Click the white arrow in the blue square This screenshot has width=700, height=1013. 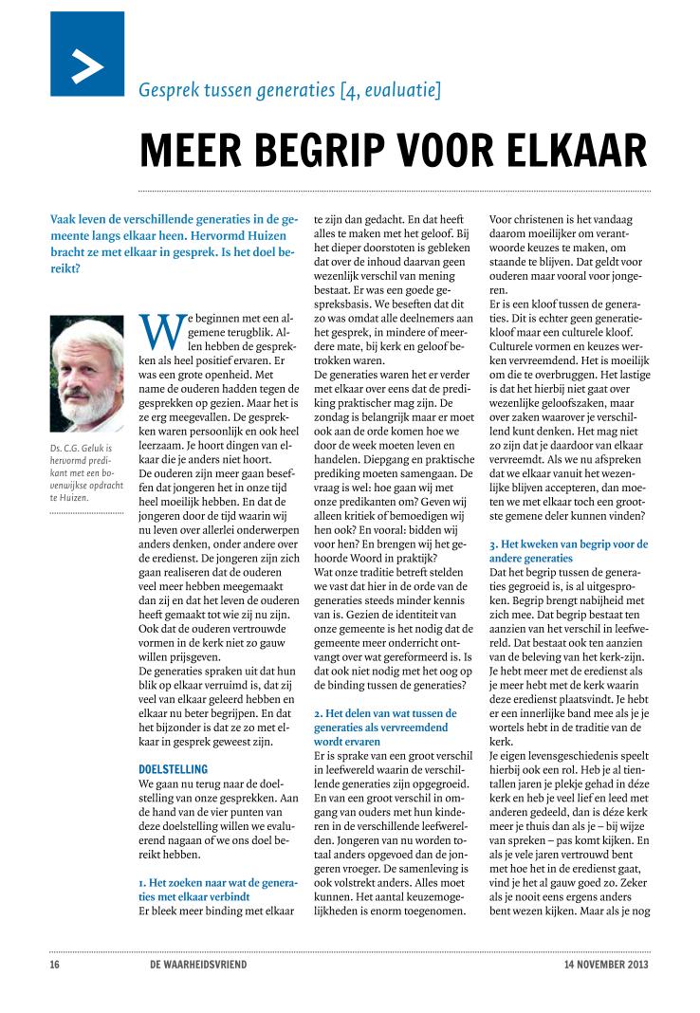coord(87,64)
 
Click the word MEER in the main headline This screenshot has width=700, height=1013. coord(184,151)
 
